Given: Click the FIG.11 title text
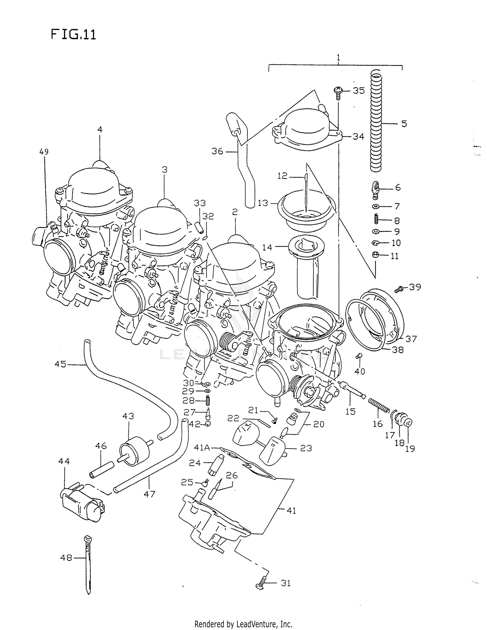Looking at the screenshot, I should (x=73, y=34).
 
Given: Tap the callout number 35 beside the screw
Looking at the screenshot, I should (x=359, y=91).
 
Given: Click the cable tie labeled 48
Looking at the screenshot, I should (x=87, y=565).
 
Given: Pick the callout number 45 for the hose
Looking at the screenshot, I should (x=60, y=364).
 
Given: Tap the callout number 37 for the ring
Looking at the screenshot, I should (x=411, y=339).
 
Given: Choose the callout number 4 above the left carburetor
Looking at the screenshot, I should (x=100, y=130).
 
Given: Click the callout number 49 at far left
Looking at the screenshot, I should (x=44, y=152).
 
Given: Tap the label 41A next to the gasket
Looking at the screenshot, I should (x=202, y=448).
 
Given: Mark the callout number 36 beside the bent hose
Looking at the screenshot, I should (x=217, y=151).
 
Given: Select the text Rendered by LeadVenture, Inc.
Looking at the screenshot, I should (x=243, y=624).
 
